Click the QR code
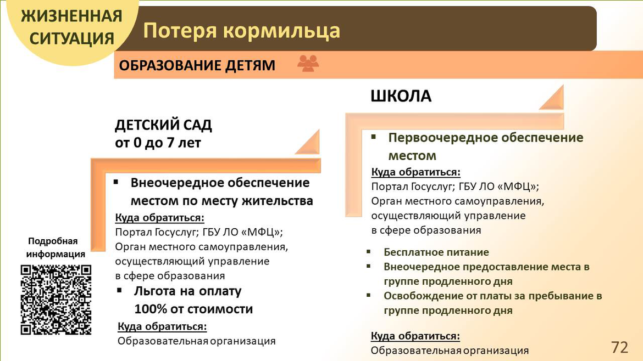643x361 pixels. point(56,300)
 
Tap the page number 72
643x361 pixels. point(619,347)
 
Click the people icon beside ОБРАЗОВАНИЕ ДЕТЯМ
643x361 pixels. point(308,64)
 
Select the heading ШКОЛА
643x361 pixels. point(401,96)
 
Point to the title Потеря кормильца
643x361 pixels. point(241,31)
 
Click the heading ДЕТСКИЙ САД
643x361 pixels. point(163,125)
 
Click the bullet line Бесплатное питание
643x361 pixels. point(436,252)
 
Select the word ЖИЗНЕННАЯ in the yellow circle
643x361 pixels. point(72,16)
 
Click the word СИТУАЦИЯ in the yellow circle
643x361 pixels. point(72,39)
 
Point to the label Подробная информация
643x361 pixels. point(56,247)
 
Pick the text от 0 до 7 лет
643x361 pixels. point(158,143)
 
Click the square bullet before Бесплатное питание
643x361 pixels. point(369,252)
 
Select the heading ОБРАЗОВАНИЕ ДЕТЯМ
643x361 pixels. point(197,65)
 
